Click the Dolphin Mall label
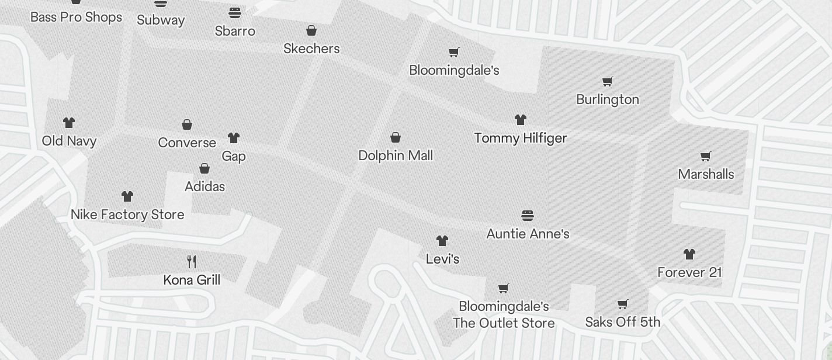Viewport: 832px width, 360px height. click(x=396, y=155)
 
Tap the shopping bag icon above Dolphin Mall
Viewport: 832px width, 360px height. click(x=396, y=137)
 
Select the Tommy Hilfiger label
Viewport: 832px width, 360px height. click(x=521, y=139)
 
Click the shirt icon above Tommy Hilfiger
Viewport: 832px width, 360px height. click(x=521, y=120)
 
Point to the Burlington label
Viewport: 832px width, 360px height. click(x=608, y=99)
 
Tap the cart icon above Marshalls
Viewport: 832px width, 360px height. click(x=706, y=156)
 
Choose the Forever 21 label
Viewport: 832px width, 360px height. click(x=689, y=272)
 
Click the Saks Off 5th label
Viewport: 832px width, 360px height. click(x=623, y=322)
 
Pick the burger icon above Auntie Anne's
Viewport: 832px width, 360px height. click(x=528, y=216)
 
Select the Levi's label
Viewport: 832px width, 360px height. click(x=442, y=259)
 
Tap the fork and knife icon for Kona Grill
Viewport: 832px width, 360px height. click(x=192, y=261)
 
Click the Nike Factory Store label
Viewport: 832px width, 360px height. click(x=127, y=214)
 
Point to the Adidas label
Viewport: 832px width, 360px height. click(x=204, y=186)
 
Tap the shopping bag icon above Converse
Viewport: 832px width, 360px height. click(x=187, y=124)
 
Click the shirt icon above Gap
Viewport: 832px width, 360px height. click(x=234, y=138)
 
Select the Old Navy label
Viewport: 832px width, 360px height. click(x=69, y=141)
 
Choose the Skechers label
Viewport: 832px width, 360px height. click(x=311, y=49)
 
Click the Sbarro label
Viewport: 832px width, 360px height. click(x=235, y=31)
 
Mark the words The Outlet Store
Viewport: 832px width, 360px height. click(x=504, y=323)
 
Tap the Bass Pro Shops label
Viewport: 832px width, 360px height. click(x=76, y=17)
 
